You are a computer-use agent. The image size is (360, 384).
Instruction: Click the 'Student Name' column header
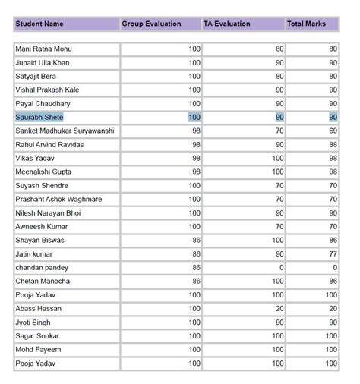pyautogui.click(x=39, y=24)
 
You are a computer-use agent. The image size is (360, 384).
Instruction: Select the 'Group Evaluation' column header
pyautogui.click(x=151, y=24)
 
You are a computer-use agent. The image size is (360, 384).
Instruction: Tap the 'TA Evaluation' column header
pyautogui.click(x=226, y=24)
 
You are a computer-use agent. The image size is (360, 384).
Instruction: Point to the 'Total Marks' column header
pyautogui.click(x=307, y=24)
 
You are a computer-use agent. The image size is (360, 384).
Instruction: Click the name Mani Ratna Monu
pyautogui.click(x=44, y=49)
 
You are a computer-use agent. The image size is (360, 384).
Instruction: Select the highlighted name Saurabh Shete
pyautogui.click(x=39, y=118)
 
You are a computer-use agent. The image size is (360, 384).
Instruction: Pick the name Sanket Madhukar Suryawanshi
pyautogui.click(x=65, y=131)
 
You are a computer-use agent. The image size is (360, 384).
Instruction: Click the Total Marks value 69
pyautogui.click(x=332, y=131)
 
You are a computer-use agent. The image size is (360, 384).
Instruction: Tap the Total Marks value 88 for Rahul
pyautogui.click(x=332, y=145)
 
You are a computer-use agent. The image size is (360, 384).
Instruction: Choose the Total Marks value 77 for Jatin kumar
pyautogui.click(x=332, y=254)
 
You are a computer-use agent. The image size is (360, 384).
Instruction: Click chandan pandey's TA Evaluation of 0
pyautogui.click(x=280, y=268)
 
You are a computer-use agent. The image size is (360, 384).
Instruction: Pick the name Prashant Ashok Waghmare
pyautogui.click(x=59, y=200)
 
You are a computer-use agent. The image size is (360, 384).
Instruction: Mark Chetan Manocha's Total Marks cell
pyautogui.click(x=332, y=282)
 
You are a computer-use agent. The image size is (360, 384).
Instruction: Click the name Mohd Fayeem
pyautogui.click(x=38, y=350)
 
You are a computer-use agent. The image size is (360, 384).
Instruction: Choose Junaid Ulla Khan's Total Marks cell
pyautogui.click(x=332, y=63)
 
